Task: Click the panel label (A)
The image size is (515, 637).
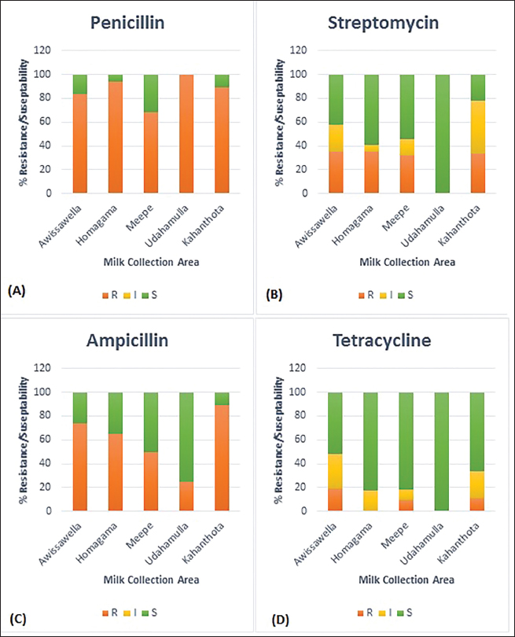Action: tap(17, 290)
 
